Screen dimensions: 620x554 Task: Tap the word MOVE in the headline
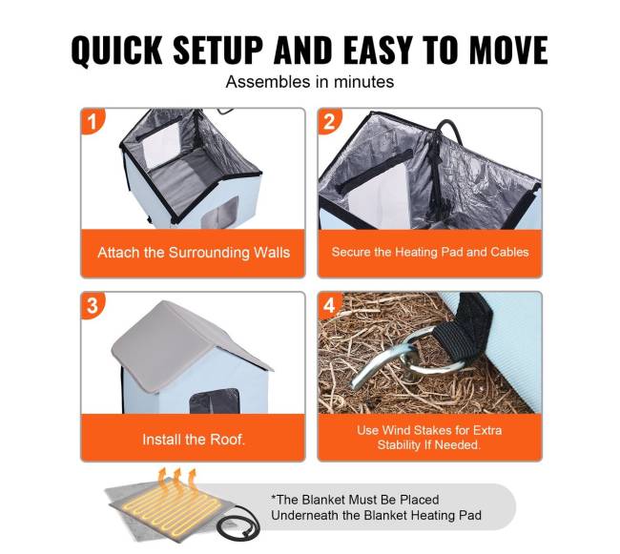pyautogui.click(x=509, y=50)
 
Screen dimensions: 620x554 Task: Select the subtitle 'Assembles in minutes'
pyautogui.click(x=310, y=82)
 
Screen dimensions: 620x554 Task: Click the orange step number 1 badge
pyautogui.click(x=92, y=120)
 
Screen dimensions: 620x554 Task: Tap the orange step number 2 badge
pyautogui.click(x=329, y=120)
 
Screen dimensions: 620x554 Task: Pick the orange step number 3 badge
pyautogui.click(x=92, y=304)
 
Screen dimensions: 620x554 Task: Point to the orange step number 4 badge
pyautogui.click(x=329, y=304)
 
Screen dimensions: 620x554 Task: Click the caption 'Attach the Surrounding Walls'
pyautogui.click(x=194, y=253)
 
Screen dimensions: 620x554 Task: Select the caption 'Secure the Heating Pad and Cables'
pyautogui.click(x=430, y=252)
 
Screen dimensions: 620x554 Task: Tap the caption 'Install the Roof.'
pyautogui.click(x=194, y=440)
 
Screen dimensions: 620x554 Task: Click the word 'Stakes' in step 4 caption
pyautogui.click(x=436, y=430)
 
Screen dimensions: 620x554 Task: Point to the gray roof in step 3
pyautogui.click(x=186, y=344)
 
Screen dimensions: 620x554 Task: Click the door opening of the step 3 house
pyautogui.click(x=216, y=401)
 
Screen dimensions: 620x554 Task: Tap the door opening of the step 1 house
pyautogui.click(x=220, y=213)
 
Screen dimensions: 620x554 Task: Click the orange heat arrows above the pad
pyautogui.click(x=177, y=481)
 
